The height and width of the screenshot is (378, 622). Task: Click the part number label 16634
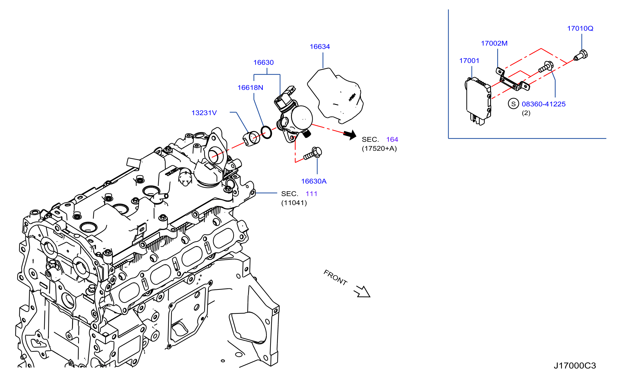[320, 47]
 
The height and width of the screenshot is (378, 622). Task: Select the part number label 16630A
[314, 181]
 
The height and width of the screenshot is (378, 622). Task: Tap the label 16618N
[250, 88]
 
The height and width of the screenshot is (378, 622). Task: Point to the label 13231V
[204, 113]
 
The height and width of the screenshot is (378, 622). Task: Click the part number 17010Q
[580, 29]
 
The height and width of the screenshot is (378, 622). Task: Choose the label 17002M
[494, 43]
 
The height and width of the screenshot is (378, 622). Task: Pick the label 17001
[469, 61]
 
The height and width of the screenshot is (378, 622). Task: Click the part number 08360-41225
[544, 104]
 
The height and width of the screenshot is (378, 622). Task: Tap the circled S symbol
[513, 104]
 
